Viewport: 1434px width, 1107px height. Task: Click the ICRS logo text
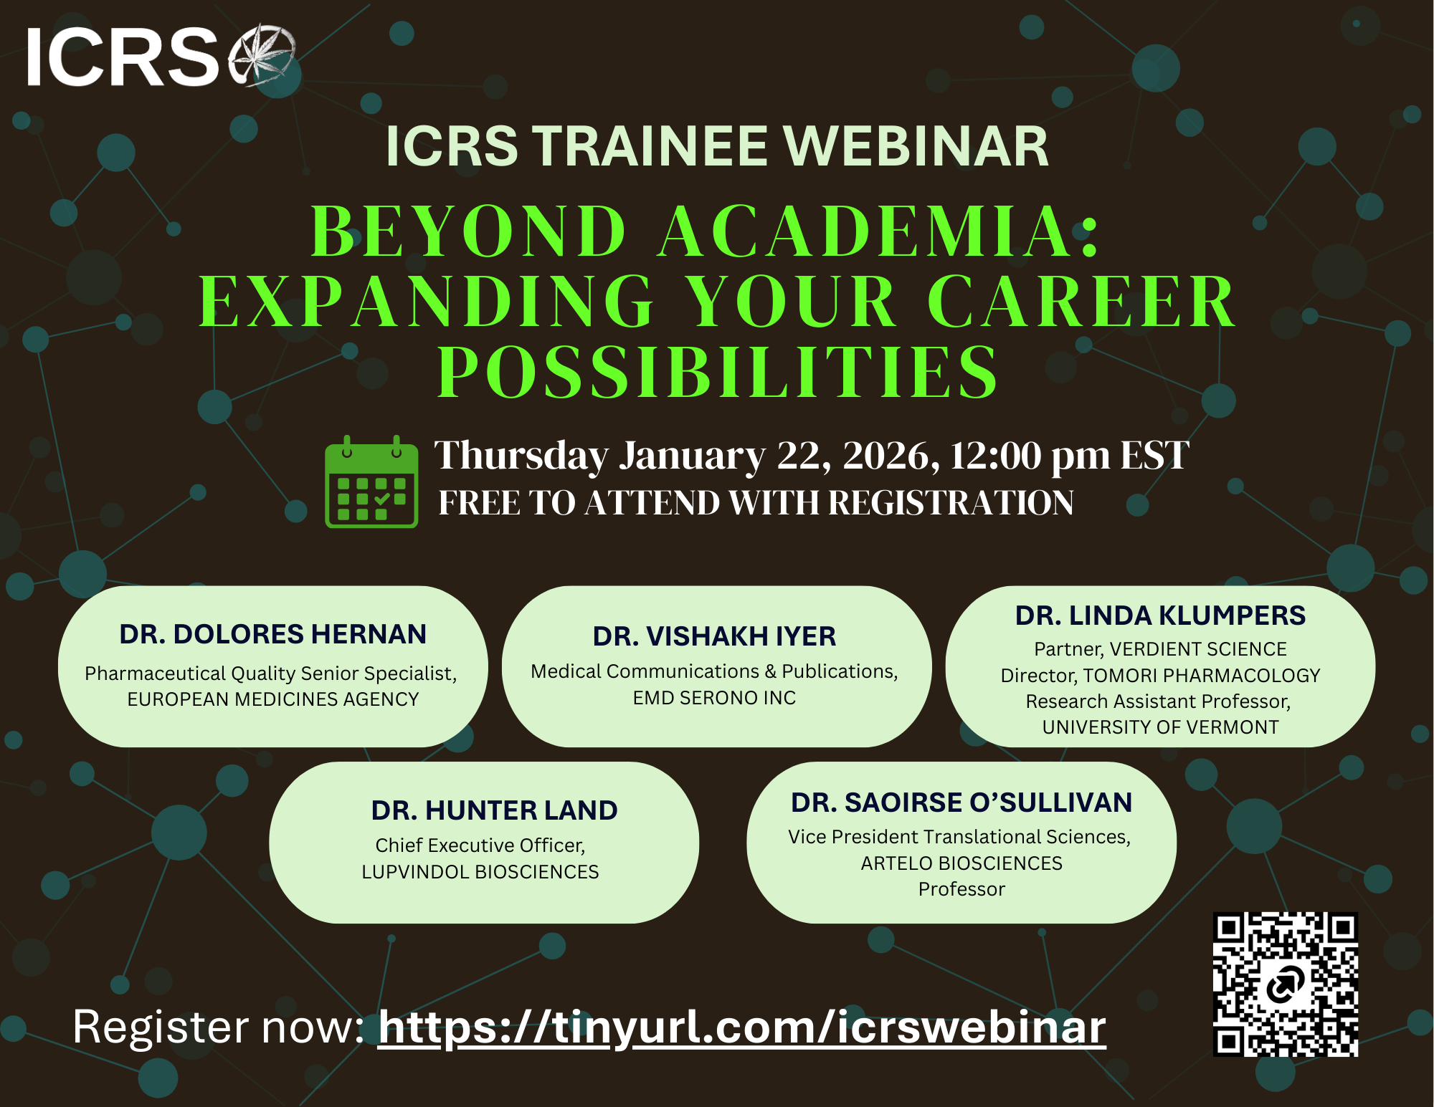(x=122, y=57)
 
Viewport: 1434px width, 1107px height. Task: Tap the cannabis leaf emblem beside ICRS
(x=262, y=56)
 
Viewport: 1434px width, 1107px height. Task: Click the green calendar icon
(x=371, y=483)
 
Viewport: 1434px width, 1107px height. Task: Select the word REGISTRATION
(x=951, y=502)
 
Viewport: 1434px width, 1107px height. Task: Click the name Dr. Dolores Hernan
(x=272, y=635)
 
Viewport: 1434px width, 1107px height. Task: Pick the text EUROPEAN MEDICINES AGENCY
(x=272, y=699)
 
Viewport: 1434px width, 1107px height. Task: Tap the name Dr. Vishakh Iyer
(x=714, y=636)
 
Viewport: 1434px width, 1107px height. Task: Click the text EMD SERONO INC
(x=714, y=698)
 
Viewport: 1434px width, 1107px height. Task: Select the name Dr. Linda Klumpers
(x=1160, y=615)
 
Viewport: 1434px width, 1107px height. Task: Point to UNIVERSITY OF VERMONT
(x=1160, y=727)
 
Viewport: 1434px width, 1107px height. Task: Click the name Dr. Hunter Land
(x=494, y=810)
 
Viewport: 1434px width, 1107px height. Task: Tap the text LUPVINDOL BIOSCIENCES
(x=480, y=872)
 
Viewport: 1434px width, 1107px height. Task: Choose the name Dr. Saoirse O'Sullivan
(x=961, y=803)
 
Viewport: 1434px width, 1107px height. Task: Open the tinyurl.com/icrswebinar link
(x=742, y=1027)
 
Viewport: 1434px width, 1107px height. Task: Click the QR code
(x=1285, y=984)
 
